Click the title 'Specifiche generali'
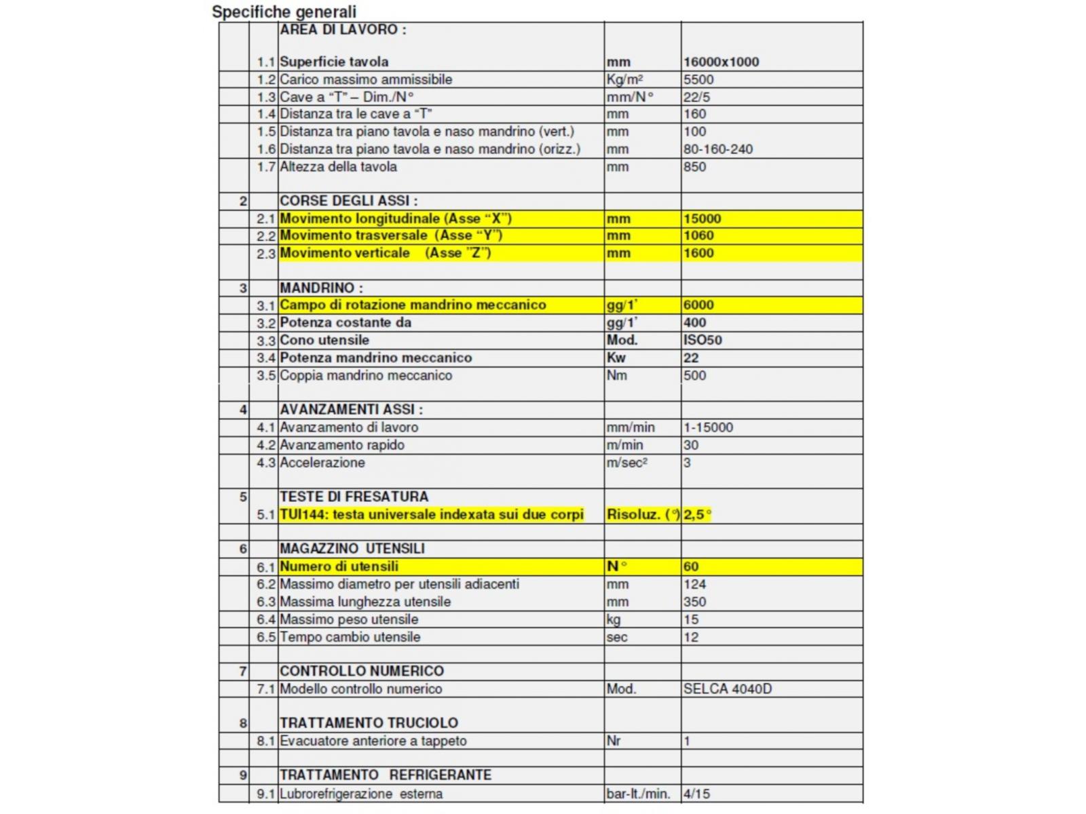pyautogui.click(x=284, y=12)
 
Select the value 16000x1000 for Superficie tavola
pyautogui.click(x=721, y=62)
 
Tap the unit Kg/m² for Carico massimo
pyautogui.click(x=624, y=79)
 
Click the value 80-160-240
pyautogui.click(x=718, y=149)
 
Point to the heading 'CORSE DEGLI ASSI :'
pyautogui.click(x=349, y=201)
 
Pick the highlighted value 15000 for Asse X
pyautogui.click(x=702, y=218)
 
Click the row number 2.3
pyautogui.click(x=265, y=254)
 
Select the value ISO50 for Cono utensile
pyautogui.click(x=703, y=340)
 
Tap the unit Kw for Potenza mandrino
pyautogui.click(x=616, y=357)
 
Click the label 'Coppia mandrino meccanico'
pyautogui.click(x=366, y=375)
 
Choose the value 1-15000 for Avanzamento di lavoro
pyautogui.click(x=708, y=427)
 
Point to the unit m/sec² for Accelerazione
pyautogui.click(x=626, y=463)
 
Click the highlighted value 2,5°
pyautogui.click(x=697, y=514)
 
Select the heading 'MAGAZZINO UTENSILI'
pyautogui.click(x=352, y=548)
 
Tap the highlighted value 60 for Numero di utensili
pyautogui.click(x=691, y=566)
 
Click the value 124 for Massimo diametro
pyautogui.click(x=694, y=584)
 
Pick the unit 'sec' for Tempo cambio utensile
pyautogui.click(x=617, y=637)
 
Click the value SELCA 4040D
pyautogui.click(x=728, y=689)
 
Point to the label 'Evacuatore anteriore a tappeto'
pyautogui.click(x=373, y=741)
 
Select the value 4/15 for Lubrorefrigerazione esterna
pyautogui.click(x=696, y=794)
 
